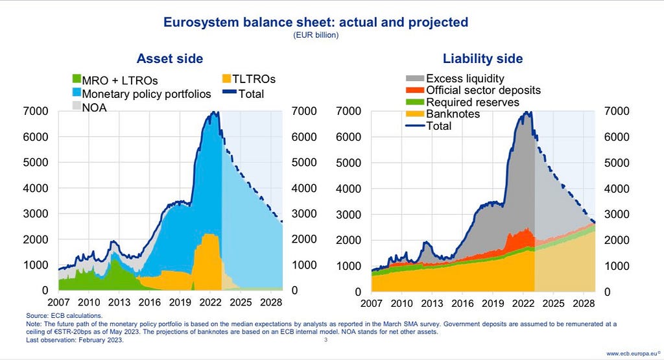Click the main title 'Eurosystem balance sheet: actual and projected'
[315, 23]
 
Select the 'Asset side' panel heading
[170, 58]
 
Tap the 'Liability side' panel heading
[482, 58]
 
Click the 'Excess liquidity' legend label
[469, 79]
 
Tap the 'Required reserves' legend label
[472, 102]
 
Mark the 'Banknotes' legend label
[453, 114]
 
